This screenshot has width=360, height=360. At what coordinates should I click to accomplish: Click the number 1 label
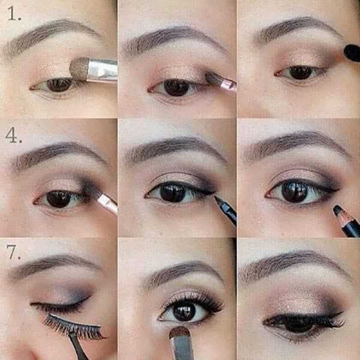pos(14,14)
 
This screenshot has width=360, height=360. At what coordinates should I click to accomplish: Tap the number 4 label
pos(14,136)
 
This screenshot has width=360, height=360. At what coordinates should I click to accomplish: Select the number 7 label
pos(13,252)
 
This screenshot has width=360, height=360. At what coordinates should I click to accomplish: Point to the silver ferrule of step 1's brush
pos(103,70)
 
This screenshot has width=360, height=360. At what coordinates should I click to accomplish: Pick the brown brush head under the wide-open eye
pos(179,332)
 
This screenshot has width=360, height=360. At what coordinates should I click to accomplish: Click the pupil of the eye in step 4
pos(58,199)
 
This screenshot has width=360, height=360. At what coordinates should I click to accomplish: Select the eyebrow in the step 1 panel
pos(50,34)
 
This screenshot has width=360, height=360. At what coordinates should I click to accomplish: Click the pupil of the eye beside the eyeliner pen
pos(172,192)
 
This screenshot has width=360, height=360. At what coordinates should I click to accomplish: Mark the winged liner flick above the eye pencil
pos(331,191)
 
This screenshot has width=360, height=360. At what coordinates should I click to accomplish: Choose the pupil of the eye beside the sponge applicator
pos(300,73)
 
